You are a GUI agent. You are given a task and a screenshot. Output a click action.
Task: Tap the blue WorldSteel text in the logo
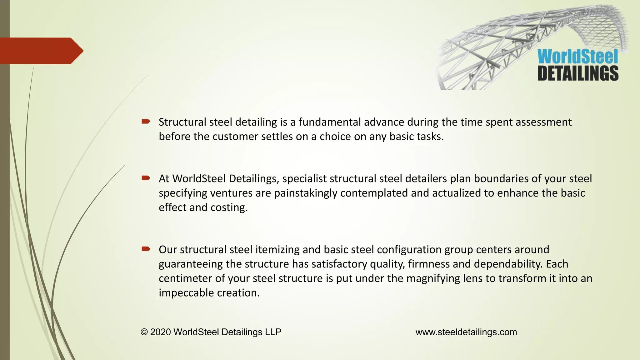[x=577, y=57]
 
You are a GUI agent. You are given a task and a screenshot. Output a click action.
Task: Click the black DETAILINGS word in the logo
[x=578, y=73]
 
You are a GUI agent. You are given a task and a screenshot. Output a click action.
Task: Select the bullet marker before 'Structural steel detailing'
[x=146, y=121]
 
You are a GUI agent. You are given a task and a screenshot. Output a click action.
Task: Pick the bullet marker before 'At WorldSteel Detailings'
[x=146, y=178]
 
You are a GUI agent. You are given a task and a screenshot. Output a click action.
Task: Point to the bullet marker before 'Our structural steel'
[x=146, y=249]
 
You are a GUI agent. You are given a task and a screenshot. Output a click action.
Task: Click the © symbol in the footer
[x=144, y=332]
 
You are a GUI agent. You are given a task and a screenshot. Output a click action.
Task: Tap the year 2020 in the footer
[x=160, y=332]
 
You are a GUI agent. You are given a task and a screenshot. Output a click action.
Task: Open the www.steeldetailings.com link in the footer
[x=466, y=332]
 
